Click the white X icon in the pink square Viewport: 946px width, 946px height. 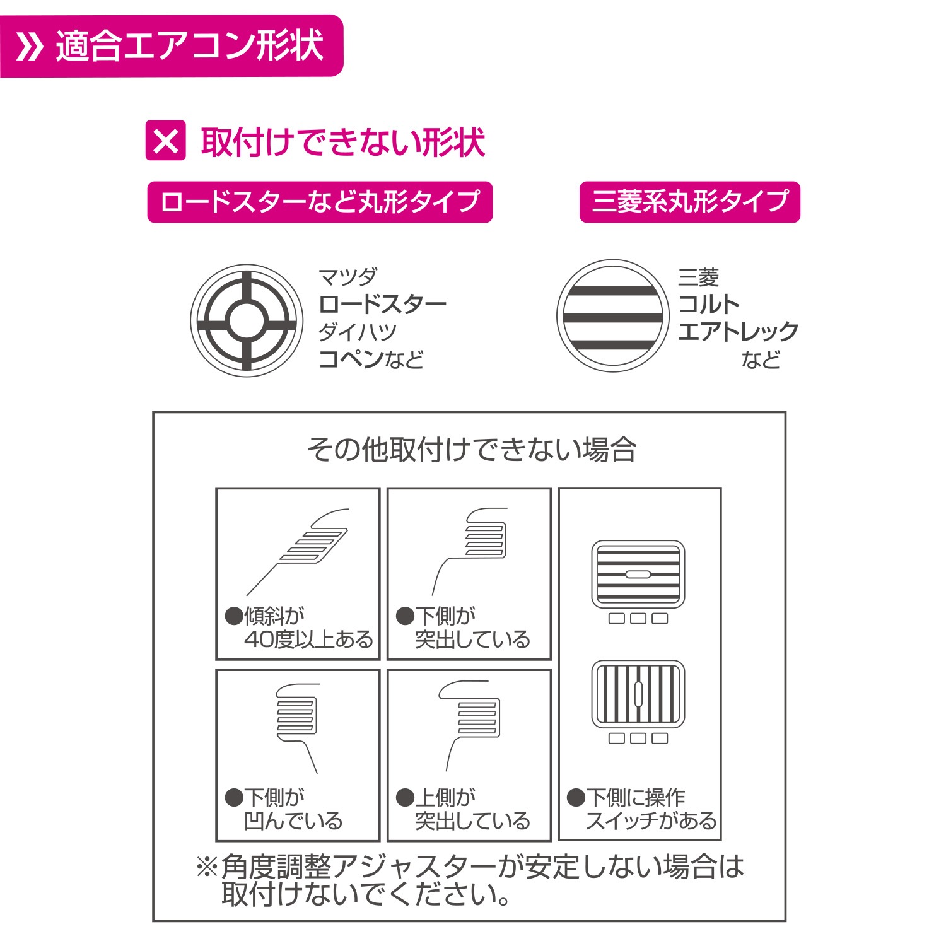165,141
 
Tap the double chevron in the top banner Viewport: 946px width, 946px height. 29,46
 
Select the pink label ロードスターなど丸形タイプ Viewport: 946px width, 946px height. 320,202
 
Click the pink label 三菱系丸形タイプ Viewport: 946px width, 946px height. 689,202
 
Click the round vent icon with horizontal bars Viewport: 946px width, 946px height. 612,315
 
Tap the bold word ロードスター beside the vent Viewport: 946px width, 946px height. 383,304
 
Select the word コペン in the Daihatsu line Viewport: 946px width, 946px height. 351,358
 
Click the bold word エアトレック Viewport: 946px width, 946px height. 739,331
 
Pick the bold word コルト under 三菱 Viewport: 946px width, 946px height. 709,304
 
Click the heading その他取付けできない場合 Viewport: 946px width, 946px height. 472,450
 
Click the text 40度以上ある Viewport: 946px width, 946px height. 309,639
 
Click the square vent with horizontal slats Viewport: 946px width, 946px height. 638,574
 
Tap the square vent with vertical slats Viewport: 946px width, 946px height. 638,694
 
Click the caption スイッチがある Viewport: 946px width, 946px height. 651,821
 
